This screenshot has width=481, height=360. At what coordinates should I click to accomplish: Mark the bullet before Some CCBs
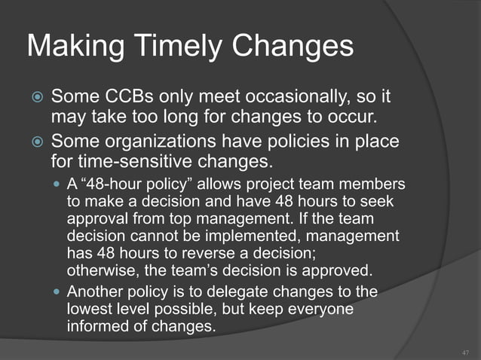34,98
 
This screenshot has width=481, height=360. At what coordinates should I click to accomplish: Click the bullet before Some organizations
34,142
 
